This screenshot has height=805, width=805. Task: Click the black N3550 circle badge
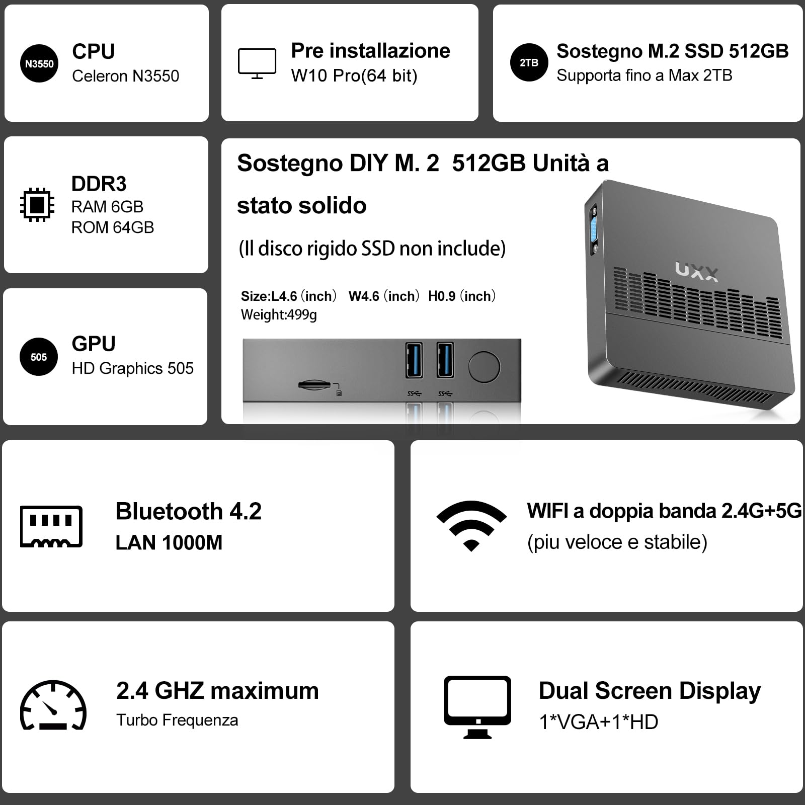tap(39, 63)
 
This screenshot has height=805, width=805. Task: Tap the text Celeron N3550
tap(125, 76)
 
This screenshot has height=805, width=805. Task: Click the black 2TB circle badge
tap(529, 63)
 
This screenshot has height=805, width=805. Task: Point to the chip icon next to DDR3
tap(37, 205)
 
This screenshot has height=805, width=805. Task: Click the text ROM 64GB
tap(112, 227)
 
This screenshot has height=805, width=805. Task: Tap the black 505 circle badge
tap(39, 357)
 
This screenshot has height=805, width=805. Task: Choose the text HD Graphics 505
tap(132, 368)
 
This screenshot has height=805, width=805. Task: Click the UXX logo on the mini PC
tap(697, 271)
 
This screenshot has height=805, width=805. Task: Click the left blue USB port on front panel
tap(414, 360)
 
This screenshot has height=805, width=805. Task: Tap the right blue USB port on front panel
tap(445, 360)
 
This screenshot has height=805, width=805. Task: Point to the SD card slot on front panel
tap(314, 385)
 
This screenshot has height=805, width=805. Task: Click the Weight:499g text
tap(279, 315)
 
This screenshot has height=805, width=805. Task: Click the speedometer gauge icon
tap(53, 705)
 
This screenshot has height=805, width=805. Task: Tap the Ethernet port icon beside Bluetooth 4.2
tap(51, 526)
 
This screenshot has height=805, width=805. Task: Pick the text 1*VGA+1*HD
tap(598, 722)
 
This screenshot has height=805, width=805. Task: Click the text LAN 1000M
tap(169, 543)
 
